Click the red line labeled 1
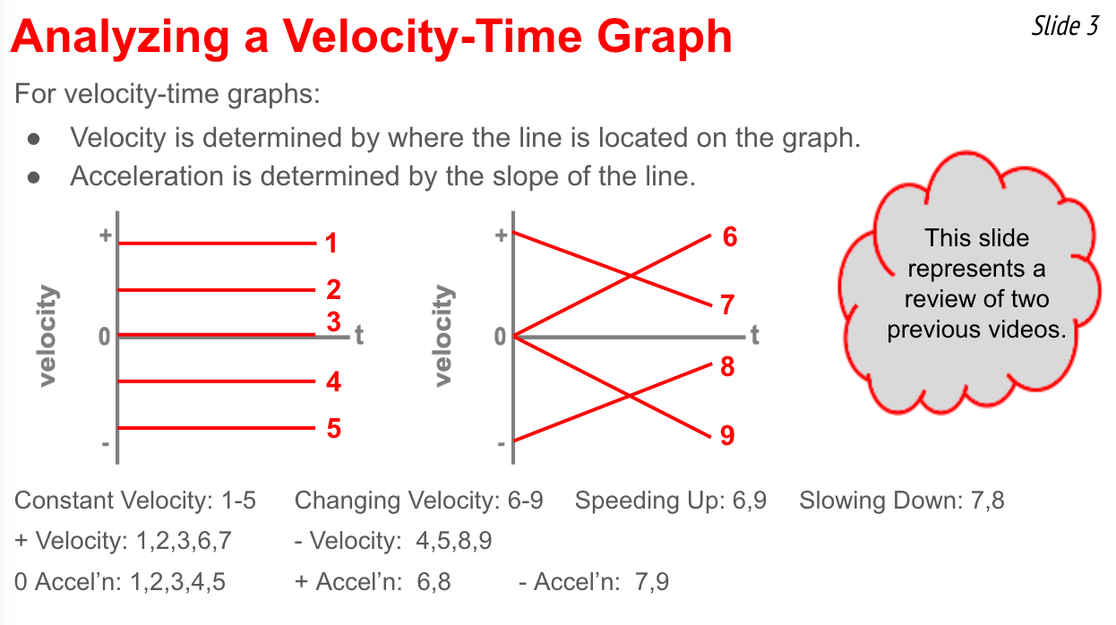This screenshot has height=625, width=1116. point(218,244)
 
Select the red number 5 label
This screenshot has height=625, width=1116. point(334,428)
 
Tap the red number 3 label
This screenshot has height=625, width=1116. point(334,321)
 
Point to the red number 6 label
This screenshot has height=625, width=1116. point(730,236)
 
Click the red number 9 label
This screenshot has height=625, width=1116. point(727,435)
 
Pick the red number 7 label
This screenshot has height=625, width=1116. point(727,304)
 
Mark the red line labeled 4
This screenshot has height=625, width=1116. point(217,381)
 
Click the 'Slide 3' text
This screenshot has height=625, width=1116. point(1065,26)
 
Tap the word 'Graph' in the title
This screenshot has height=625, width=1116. point(665,38)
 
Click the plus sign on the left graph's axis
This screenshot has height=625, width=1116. point(105,235)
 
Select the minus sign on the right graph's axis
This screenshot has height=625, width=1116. point(502,443)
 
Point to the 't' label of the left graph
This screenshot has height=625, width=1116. point(359,335)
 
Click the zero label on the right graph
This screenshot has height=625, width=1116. point(500,338)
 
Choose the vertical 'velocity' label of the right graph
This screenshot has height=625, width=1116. point(443,336)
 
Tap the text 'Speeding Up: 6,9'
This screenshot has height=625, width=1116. point(671,501)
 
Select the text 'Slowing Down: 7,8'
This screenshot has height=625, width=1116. point(902,501)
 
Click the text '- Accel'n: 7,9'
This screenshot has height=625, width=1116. point(594,582)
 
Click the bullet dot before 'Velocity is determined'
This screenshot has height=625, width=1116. point(34,139)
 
